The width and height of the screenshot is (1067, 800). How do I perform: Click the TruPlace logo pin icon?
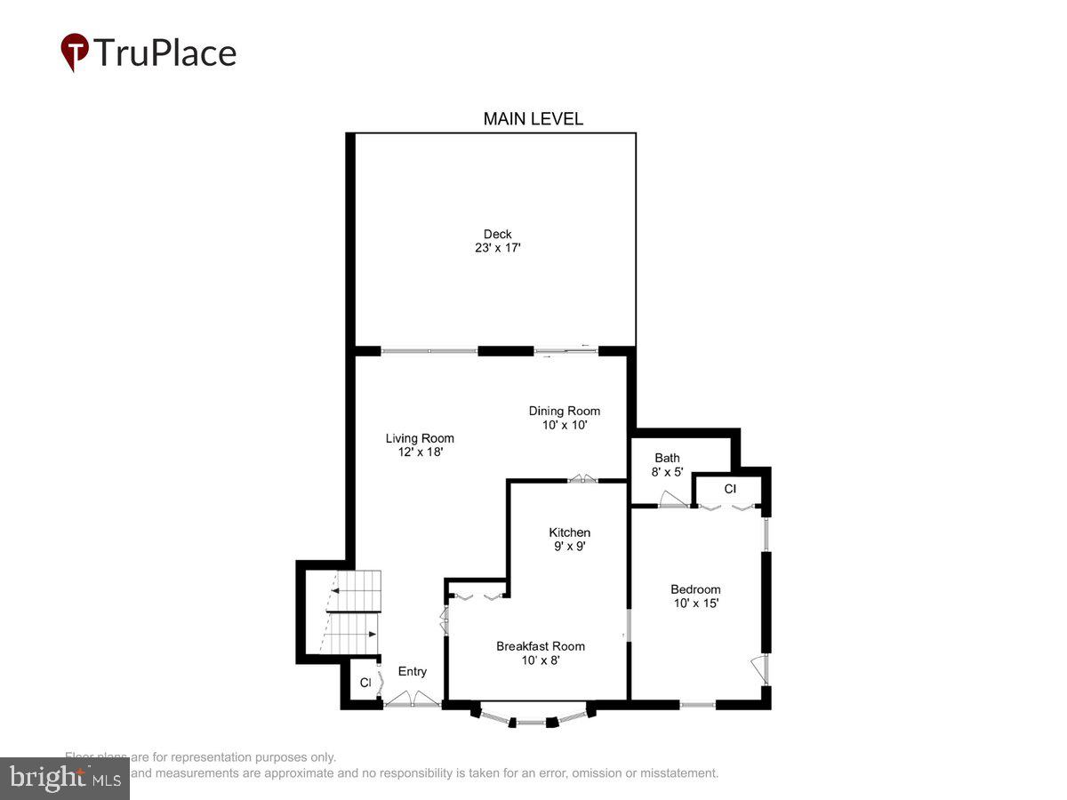pos(75,52)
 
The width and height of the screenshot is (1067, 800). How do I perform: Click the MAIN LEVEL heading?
pos(533,119)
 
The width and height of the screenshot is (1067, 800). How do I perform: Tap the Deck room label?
pos(497,235)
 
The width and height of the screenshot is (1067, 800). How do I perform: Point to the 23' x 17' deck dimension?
pos(497,249)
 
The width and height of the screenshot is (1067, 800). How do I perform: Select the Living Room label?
pos(420,438)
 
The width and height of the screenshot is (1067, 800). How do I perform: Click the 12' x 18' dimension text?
pos(420,452)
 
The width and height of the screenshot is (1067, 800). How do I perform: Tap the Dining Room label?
pos(565,411)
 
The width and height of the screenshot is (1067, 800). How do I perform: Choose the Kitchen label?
pos(569,532)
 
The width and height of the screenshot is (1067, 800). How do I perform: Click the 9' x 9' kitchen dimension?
pos(569,547)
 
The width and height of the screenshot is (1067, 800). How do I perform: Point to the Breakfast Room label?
pos(541,646)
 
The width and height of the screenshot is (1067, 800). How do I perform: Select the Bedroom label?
pos(695,589)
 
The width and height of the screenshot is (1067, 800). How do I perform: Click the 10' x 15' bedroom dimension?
pos(695,603)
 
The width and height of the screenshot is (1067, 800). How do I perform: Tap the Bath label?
pos(667,458)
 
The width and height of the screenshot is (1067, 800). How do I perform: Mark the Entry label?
pos(412,671)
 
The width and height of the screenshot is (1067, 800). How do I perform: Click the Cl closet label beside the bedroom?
pos(730,489)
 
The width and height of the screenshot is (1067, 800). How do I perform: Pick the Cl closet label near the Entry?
pos(365,683)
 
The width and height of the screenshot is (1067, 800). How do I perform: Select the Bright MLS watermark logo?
pos(65,778)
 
